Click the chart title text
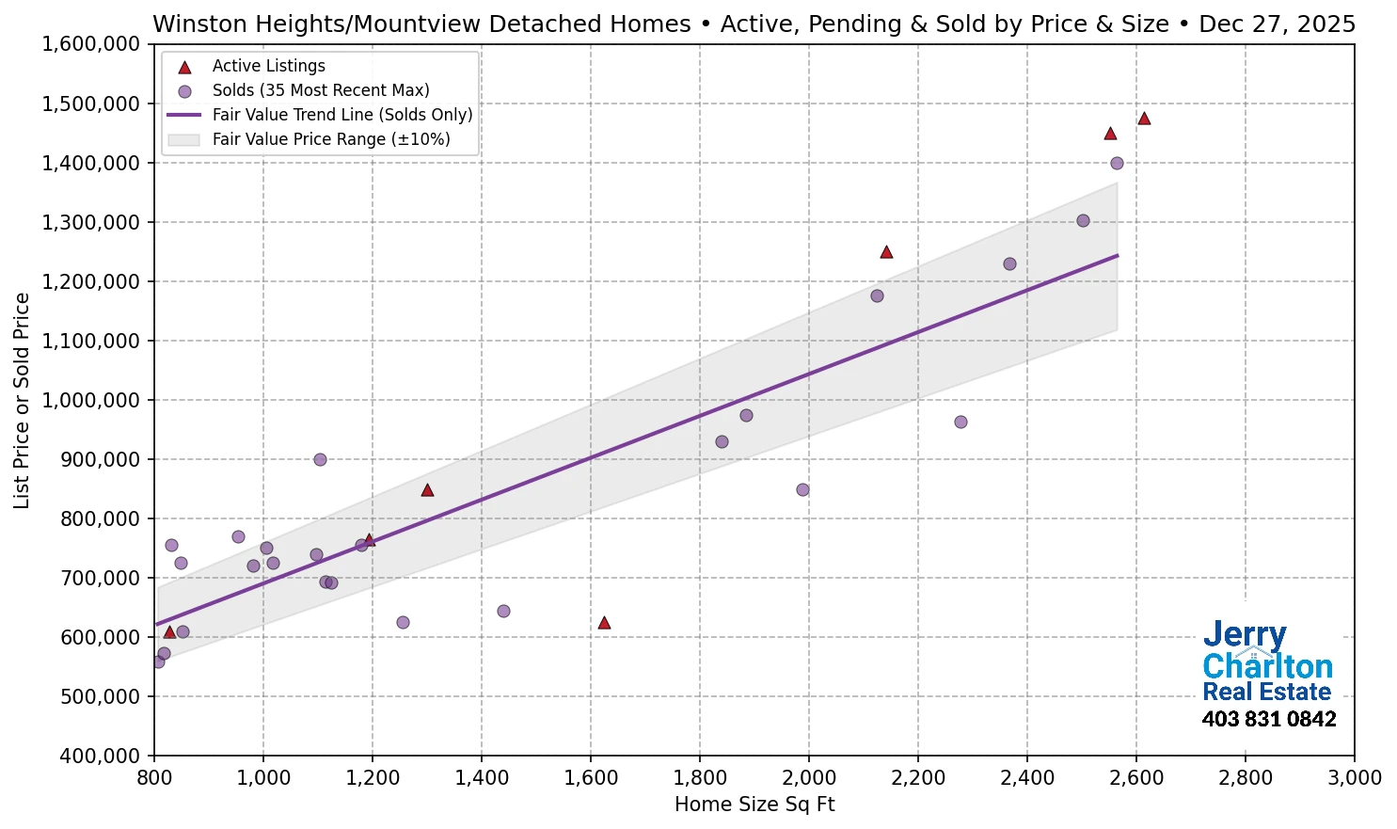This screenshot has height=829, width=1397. (754, 24)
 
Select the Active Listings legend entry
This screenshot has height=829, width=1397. (268, 66)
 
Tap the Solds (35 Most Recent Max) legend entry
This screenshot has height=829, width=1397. (320, 90)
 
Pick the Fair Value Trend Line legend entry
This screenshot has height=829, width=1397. (341, 115)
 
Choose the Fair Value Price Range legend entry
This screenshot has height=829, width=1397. (330, 139)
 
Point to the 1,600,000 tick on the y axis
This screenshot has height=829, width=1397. (91, 44)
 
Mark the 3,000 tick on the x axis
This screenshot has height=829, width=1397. (1354, 778)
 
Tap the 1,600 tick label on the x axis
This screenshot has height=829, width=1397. (591, 778)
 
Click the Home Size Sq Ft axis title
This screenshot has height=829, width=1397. (754, 805)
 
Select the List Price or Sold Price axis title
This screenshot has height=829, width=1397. (23, 400)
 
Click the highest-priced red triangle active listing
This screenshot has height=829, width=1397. (1144, 119)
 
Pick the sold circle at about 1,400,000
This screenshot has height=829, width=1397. (1117, 163)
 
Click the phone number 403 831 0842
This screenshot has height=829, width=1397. (1268, 720)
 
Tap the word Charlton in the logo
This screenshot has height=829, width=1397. (1267, 666)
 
